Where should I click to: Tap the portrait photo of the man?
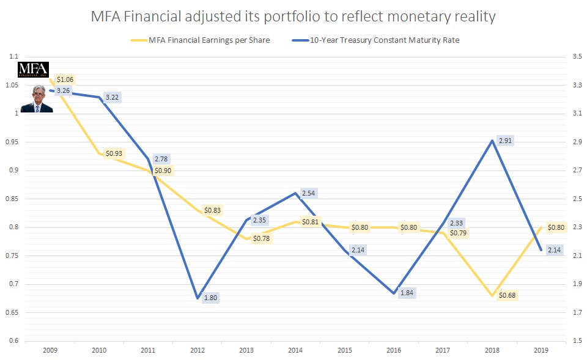[36, 99]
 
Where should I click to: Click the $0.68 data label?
[507, 296]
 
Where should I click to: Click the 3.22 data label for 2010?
[113, 97]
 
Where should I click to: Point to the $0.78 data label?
[261, 238]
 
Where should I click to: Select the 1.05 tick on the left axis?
[11, 85]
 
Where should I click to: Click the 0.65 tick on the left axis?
[11, 312]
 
